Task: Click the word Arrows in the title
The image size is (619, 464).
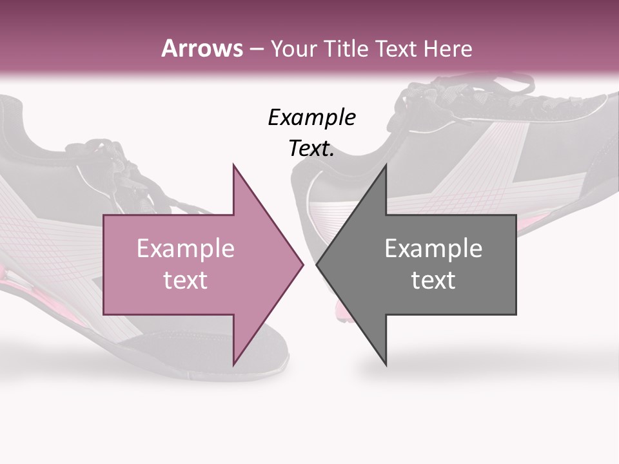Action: (x=202, y=48)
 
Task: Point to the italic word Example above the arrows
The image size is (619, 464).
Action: (x=311, y=117)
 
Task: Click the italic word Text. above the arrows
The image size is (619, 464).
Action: (x=311, y=149)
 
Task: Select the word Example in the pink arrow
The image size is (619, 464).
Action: (x=185, y=248)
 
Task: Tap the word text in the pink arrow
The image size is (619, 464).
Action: (x=185, y=280)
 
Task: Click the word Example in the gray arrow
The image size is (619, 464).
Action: (x=433, y=248)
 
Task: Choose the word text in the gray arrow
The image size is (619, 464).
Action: (x=433, y=280)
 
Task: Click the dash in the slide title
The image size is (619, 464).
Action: (x=256, y=49)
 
